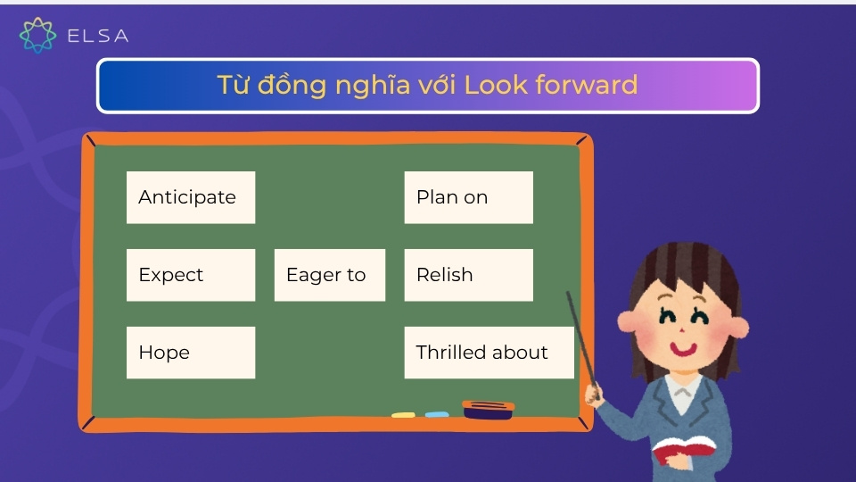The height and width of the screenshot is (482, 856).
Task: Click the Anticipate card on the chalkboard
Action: pyautogui.click(x=190, y=197)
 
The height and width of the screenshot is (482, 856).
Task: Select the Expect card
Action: pyautogui.click(x=190, y=275)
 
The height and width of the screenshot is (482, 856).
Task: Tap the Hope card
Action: pyautogui.click(x=190, y=353)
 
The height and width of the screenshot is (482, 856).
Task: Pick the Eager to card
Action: pyautogui.click(x=329, y=275)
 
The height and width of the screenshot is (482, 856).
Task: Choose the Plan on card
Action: pyautogui.click(x=468, y=197)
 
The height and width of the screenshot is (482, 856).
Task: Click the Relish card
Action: pyautogui.click(x=468, y=275)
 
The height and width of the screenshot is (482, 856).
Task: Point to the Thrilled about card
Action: pyautogui.click(x=489, y=353)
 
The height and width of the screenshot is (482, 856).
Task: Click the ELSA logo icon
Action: pyautogui.click(x=37, y=36)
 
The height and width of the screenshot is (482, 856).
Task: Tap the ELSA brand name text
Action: pyautogui.click(x=98, y=37)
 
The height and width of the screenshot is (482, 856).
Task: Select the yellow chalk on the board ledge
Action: pyautogui.click(x=403, y=415)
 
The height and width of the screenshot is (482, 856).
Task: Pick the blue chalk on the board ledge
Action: pyautogui.click(x=436, y=415)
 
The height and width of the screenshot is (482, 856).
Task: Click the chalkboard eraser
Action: pyautogui.click(x=488, y=410)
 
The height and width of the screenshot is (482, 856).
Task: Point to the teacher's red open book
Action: pyautogui.click(x=682, y=451)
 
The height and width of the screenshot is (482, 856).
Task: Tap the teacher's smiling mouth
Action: pyautogui.click(x=685, y=348)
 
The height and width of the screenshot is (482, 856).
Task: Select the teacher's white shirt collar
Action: pyautogui.click(x=683, y=393)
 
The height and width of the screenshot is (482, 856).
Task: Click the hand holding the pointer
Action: pyautogui.click(x=594, y=392)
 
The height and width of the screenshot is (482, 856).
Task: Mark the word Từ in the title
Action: pyautogui.click(x=234, y=85)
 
